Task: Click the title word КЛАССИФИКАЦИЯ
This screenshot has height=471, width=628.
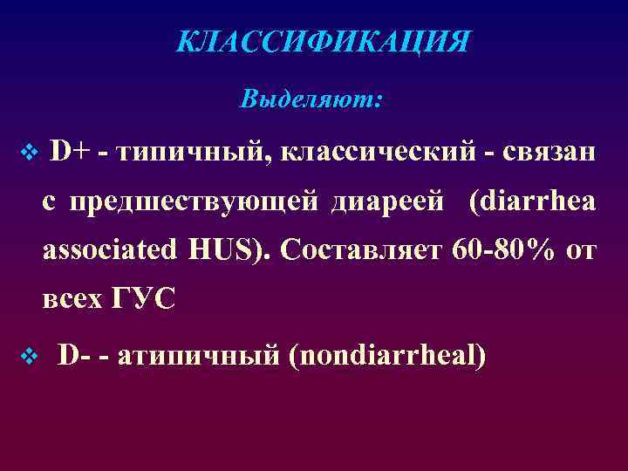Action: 323,42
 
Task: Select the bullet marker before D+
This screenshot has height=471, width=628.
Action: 26,154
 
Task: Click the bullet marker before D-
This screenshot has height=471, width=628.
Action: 26,356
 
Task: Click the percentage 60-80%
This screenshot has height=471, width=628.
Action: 505,251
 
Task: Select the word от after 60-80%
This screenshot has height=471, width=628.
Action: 581,252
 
